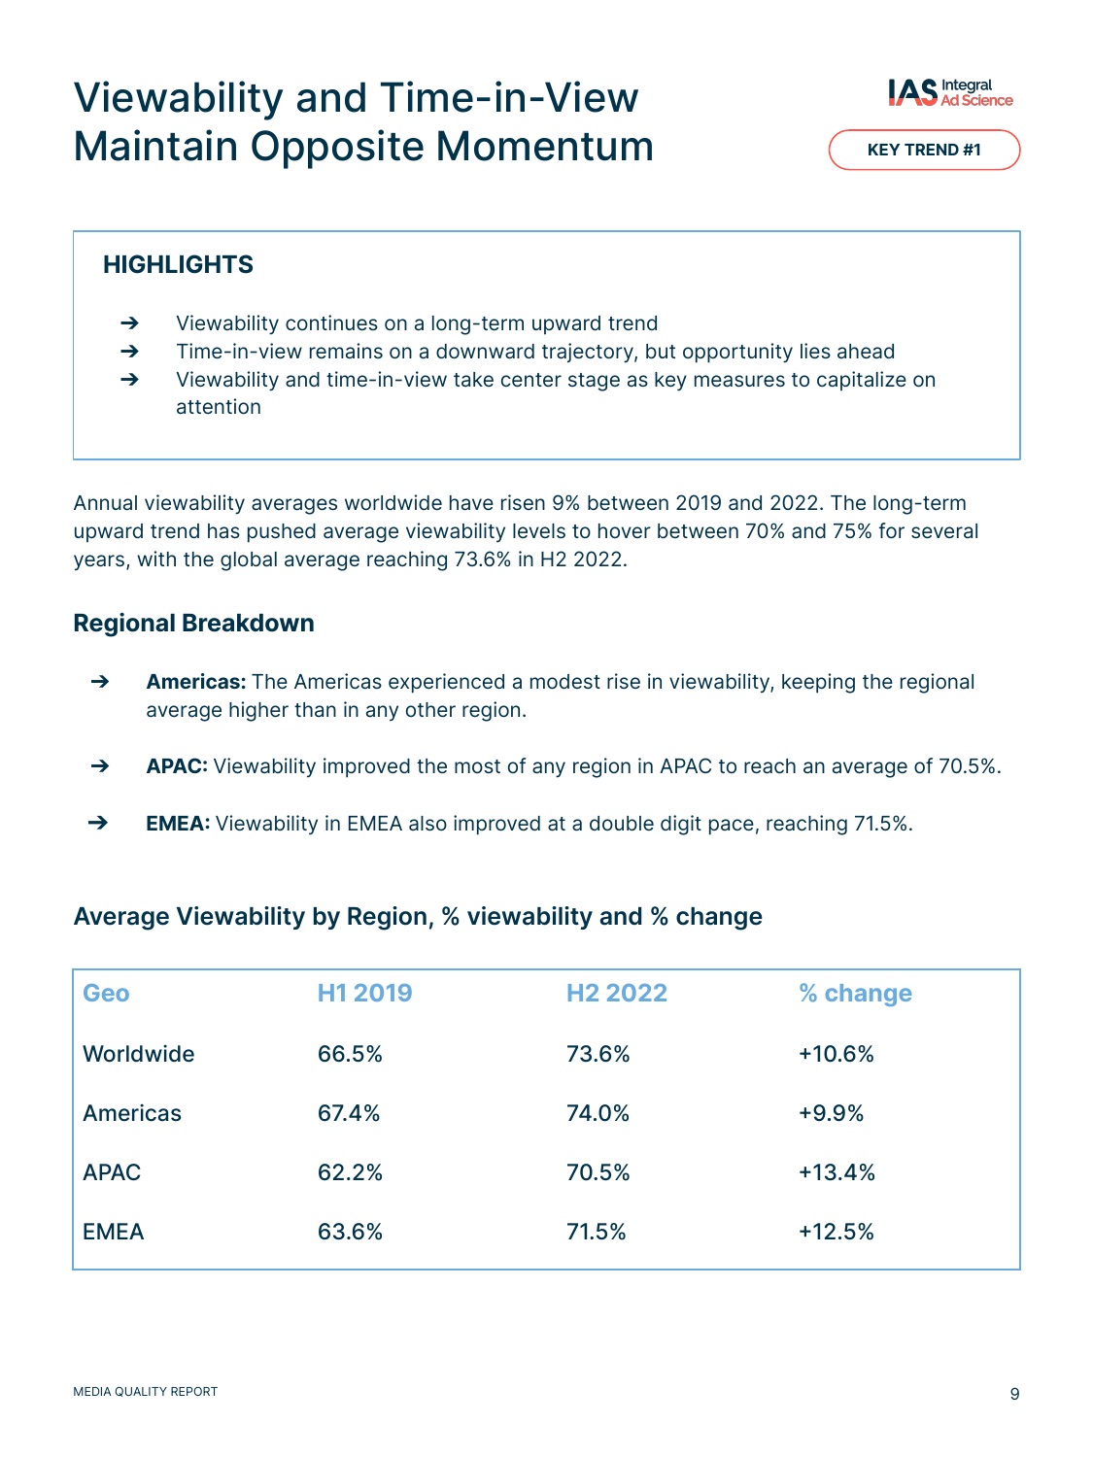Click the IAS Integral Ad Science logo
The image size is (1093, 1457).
point(949,92)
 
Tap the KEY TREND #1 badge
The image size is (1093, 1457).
point(923,150)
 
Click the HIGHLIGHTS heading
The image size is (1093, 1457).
point(178,264)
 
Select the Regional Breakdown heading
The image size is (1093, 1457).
point(193,623)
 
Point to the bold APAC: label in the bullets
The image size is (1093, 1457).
point(177,766)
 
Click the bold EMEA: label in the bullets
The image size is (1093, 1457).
point(178,823)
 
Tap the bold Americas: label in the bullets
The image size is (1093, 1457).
point(196,682)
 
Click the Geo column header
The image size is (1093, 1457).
point(106,993)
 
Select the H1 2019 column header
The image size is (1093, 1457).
point(364,993)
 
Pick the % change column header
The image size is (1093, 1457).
point(855,993)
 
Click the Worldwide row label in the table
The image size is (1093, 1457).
point(139,1054)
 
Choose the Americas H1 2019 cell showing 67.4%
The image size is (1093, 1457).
point(349,1112)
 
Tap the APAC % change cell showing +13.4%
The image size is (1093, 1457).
point(837,1171)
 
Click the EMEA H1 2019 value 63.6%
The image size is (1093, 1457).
point(350,1232)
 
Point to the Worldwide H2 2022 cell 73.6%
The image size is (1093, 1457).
point(598,1054)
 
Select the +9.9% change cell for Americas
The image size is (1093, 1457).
point(831,1112)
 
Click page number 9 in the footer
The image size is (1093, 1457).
point(1014,1393)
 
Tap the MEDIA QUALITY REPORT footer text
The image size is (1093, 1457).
point(146,1391)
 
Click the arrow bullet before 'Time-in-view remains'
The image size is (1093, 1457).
point(129,351)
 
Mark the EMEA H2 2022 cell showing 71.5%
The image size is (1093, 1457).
point(596,1232)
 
